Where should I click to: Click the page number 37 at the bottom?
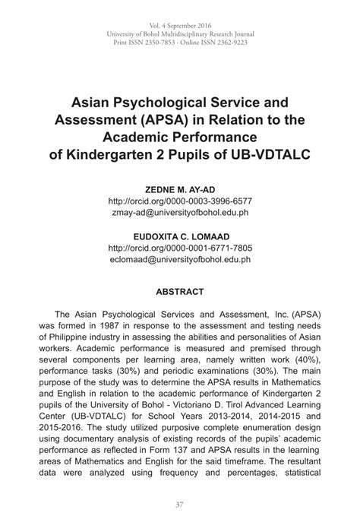click(180, 505)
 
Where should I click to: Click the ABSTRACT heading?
click(180, 291)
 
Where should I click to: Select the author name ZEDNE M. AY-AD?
click(180, 189)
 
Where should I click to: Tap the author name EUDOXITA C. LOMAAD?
click(180, 236)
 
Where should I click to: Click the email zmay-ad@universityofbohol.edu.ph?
click(180, 213)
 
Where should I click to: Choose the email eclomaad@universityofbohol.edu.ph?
click(180, 260)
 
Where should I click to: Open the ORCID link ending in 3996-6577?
click(180, 201)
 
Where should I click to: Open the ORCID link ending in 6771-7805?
click(180, 249)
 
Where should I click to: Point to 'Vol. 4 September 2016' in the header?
click(180, 25)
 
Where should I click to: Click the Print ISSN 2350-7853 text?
click(149, 44)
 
